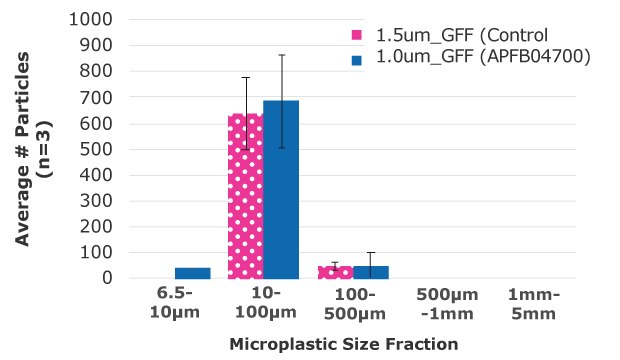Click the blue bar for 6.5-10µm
click(x=192, y=273)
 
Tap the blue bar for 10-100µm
click(x=281, y=190)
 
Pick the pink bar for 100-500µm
click(x=335, y=272)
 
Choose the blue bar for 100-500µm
click(x=371, y=272)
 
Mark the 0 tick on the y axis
click(x=104, y=278)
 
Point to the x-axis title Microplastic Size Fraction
click(x=344, y=344)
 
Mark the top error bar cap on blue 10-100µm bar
click(x=281, y=55)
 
